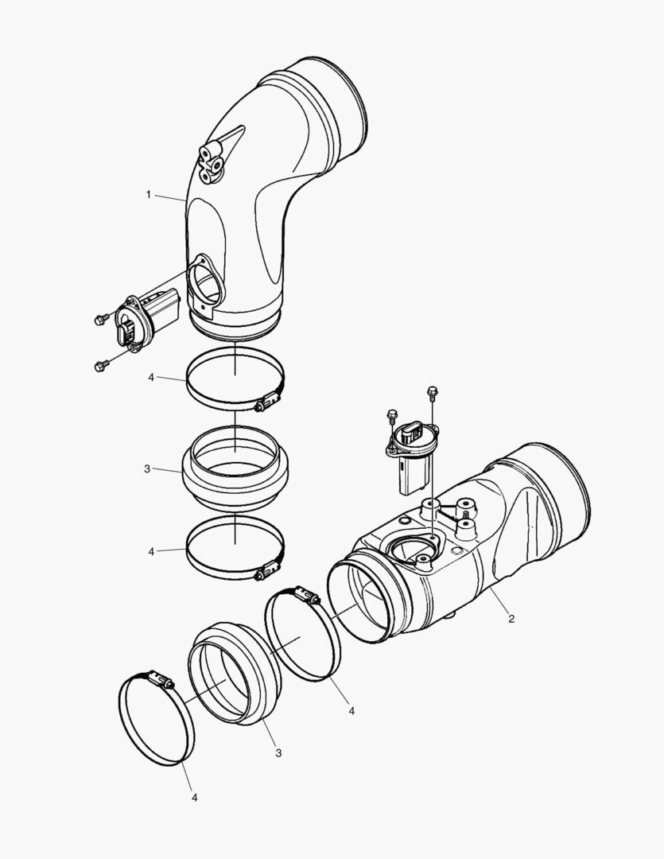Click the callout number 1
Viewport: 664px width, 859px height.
[148, 195]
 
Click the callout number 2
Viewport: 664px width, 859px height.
[511, 618]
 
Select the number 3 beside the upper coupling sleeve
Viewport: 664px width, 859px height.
[147, 469]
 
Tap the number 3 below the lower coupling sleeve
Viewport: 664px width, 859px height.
[278, 752]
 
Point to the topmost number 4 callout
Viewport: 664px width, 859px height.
[150, 377]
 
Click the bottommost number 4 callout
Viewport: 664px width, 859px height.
[192, 795]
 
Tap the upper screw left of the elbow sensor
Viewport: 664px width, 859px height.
[101, 319]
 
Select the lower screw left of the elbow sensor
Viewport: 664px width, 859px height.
[100, 366]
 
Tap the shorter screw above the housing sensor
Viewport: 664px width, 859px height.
[391, 414]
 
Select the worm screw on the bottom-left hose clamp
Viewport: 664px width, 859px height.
[160, 679]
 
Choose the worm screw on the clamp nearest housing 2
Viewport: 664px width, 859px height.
[306, 596]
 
